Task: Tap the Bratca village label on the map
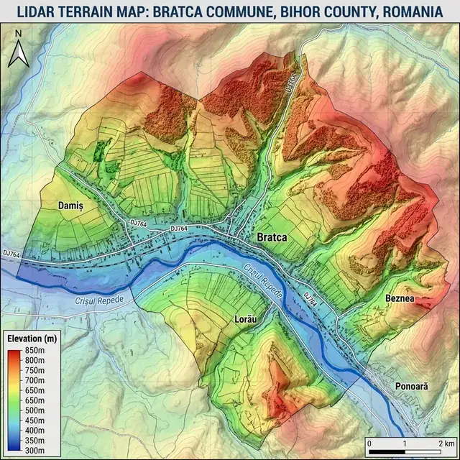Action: pos(272,237)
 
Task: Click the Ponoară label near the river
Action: pos(411,386)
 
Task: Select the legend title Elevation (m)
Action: pos(32,338)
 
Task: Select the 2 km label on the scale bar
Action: pos(443,443)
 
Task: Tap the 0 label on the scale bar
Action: pos(369,443)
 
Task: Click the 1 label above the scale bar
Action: pos(405,443)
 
